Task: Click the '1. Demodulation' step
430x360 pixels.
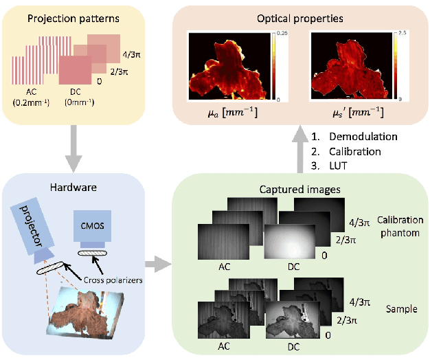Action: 347,137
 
